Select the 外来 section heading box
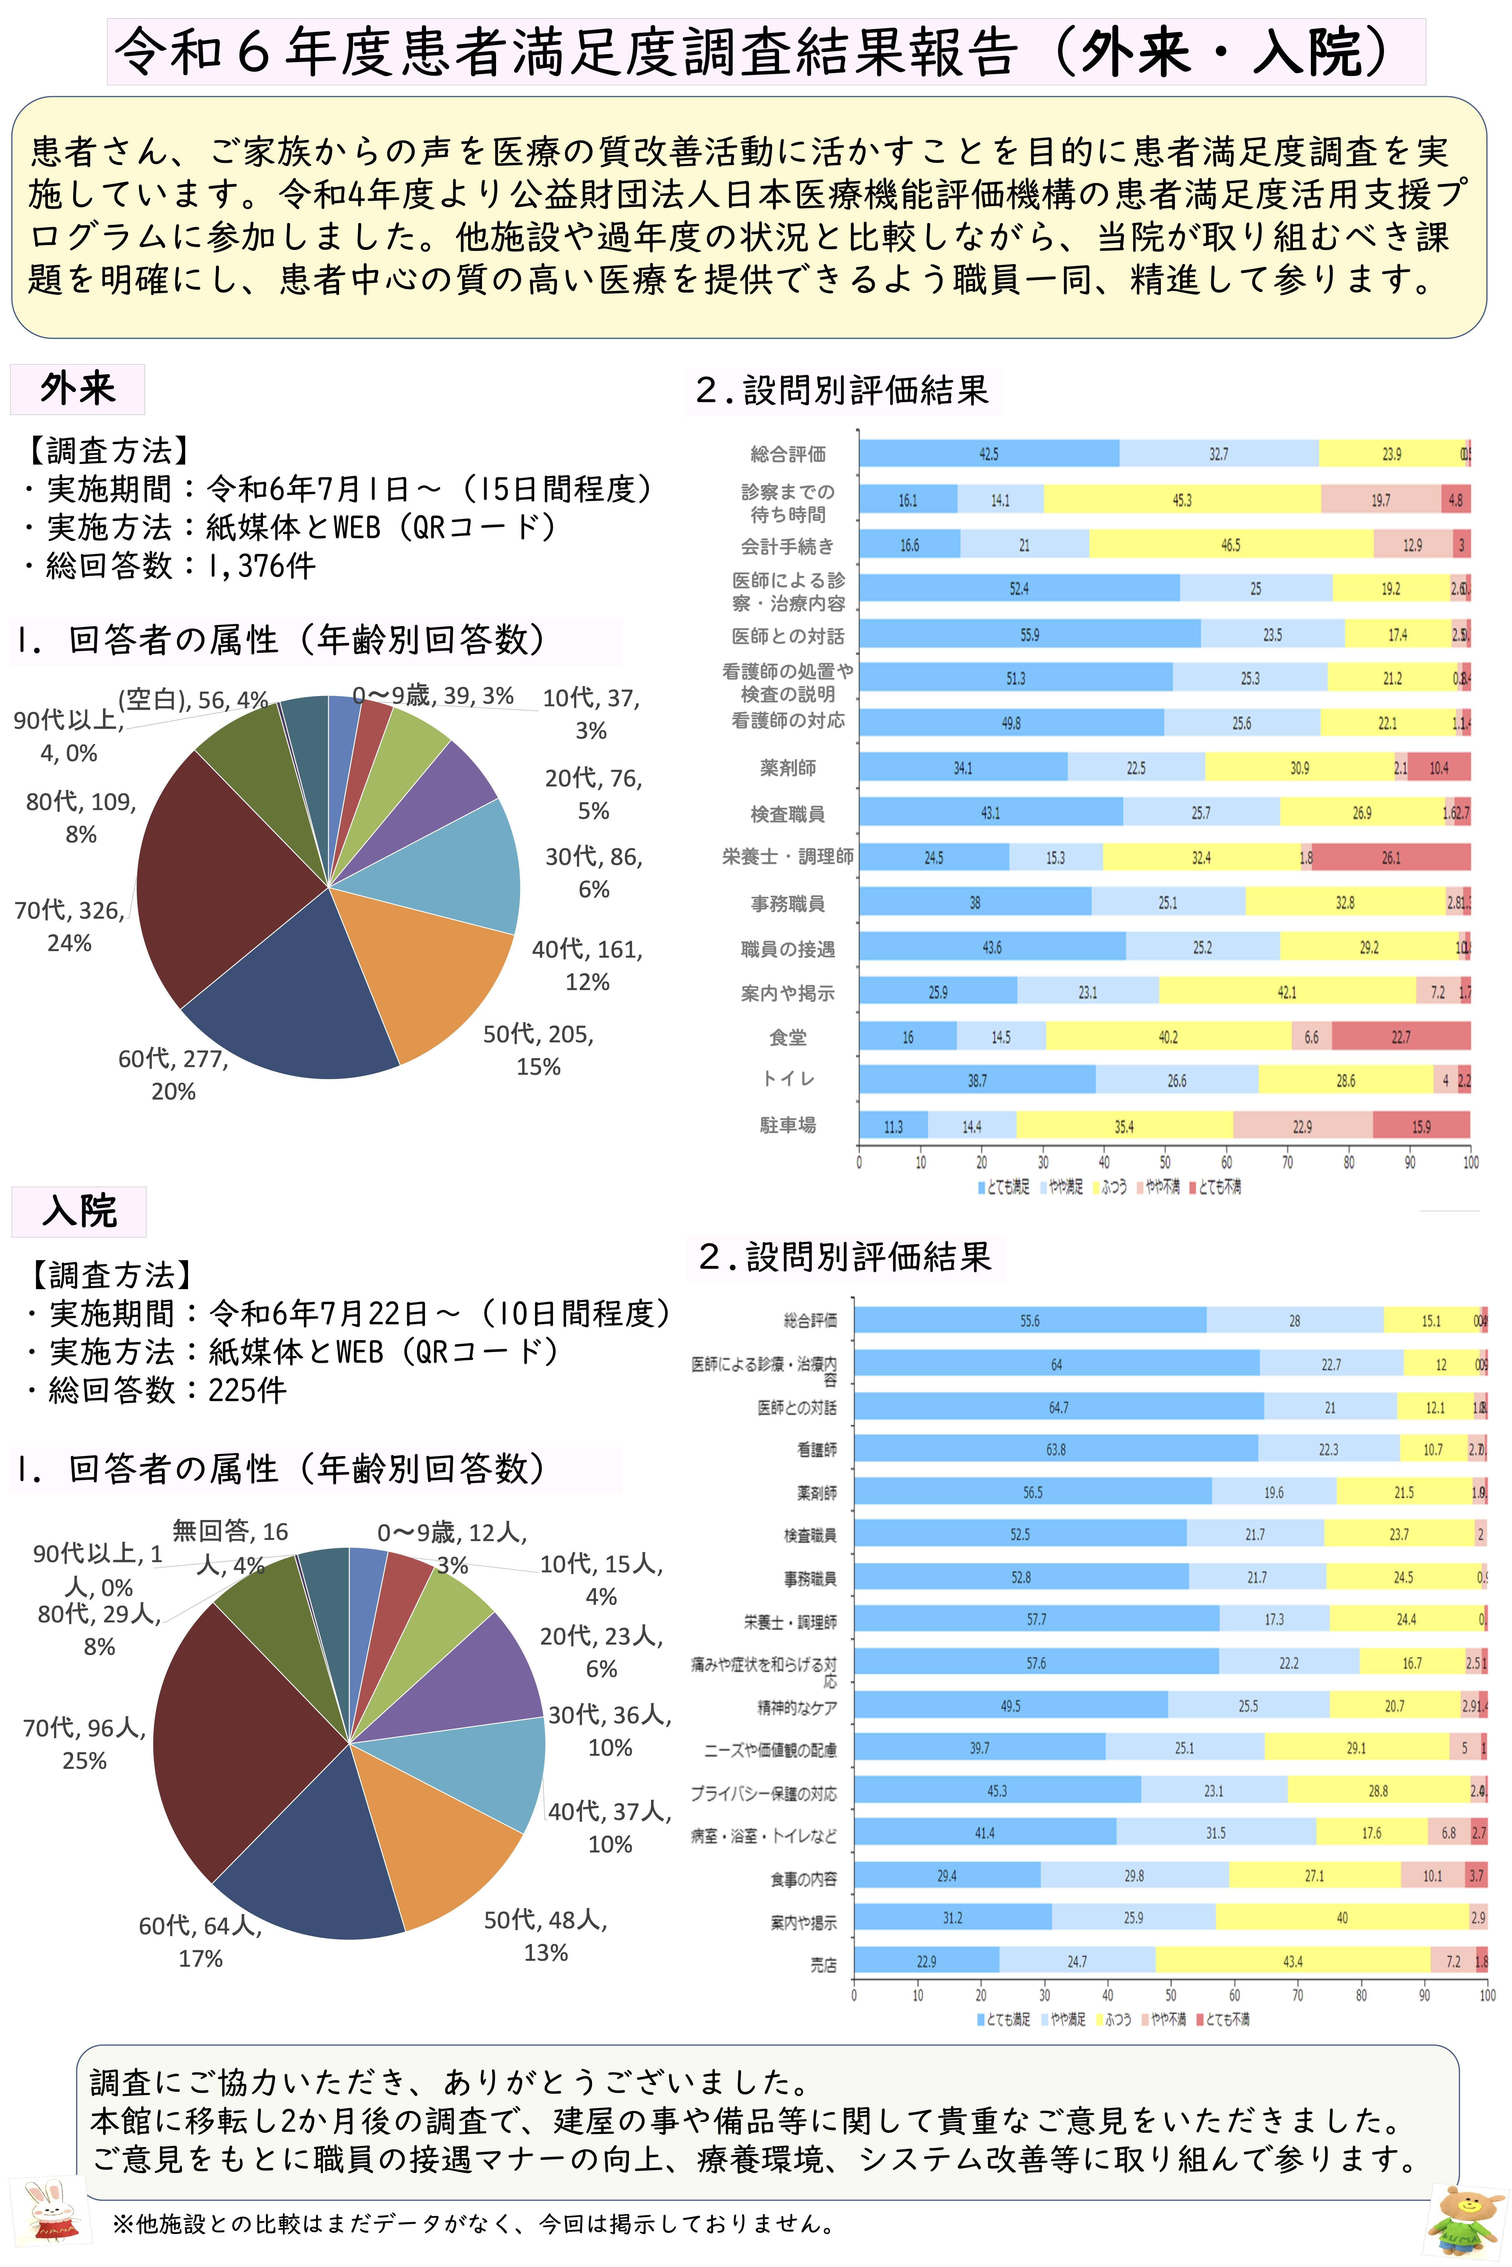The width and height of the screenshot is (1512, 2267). (x=77, y=388)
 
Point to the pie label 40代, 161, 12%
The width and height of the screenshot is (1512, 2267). (x=587, y=965)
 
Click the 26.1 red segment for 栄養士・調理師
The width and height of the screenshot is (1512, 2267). (x=1391, y=857)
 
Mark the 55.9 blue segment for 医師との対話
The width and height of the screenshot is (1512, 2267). (x=1030, y=634)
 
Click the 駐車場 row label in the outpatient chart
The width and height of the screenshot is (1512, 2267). (x=788, y=1125)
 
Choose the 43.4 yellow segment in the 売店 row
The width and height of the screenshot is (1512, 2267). (x=1292, y=1960)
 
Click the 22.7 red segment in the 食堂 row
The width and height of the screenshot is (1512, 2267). (x=1400, y=1036)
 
